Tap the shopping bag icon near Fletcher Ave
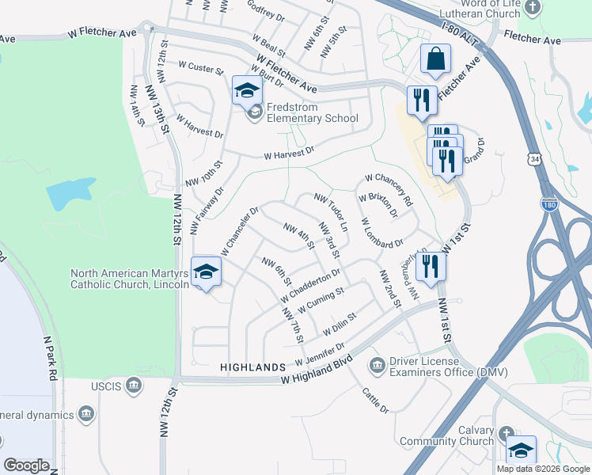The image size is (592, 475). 435,59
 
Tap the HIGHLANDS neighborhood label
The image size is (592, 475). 252,368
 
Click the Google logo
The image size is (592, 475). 26,465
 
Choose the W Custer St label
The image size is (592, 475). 201,68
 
